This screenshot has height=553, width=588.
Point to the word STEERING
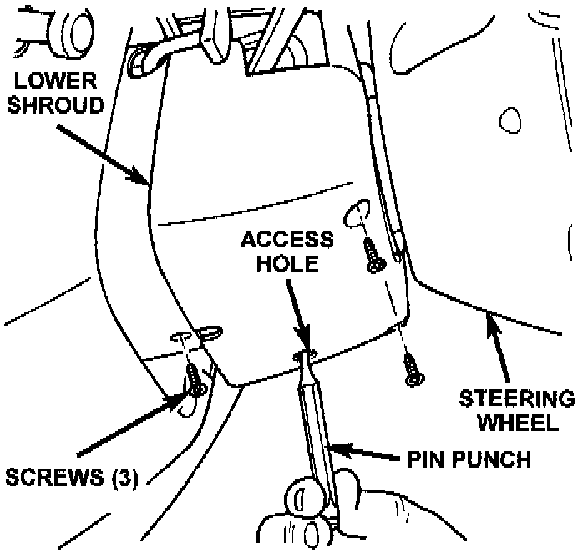pyautogui.click(x=519, y=398)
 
